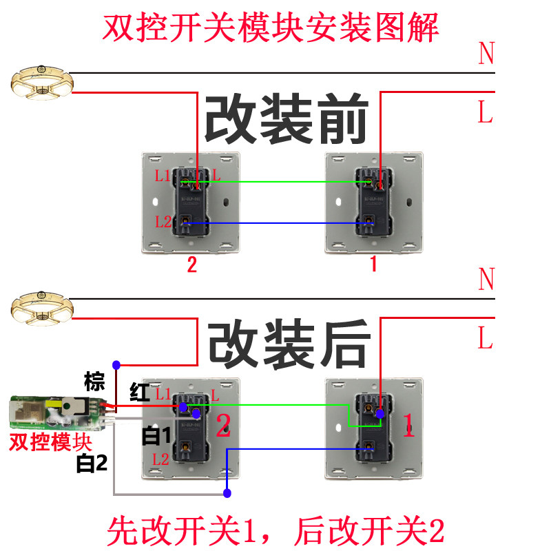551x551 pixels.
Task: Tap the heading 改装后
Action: click(x=289, y=342)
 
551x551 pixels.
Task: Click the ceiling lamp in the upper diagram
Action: click(x=41, y=81)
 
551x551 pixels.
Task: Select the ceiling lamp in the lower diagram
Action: click(x=42, y=306)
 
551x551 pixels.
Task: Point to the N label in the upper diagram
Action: click(x=486, y=53)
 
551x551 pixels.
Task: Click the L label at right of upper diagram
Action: click(x=486, y=112)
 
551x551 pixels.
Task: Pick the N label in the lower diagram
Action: click(x=486, y=280)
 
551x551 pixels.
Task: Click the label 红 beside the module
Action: click(x=140, y=393)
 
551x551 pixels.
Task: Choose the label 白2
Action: click(x=92, y=464)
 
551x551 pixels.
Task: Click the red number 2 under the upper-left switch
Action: click(x=191, y=265)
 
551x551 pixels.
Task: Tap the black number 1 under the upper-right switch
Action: click(x=373, y=264)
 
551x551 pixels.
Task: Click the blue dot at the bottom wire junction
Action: click(x=227, y=492)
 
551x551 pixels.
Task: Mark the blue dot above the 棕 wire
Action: click(x=117, y=364)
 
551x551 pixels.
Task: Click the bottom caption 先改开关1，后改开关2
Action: click(x=275, y=530)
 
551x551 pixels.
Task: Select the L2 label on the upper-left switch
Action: click(x=163, y=222)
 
